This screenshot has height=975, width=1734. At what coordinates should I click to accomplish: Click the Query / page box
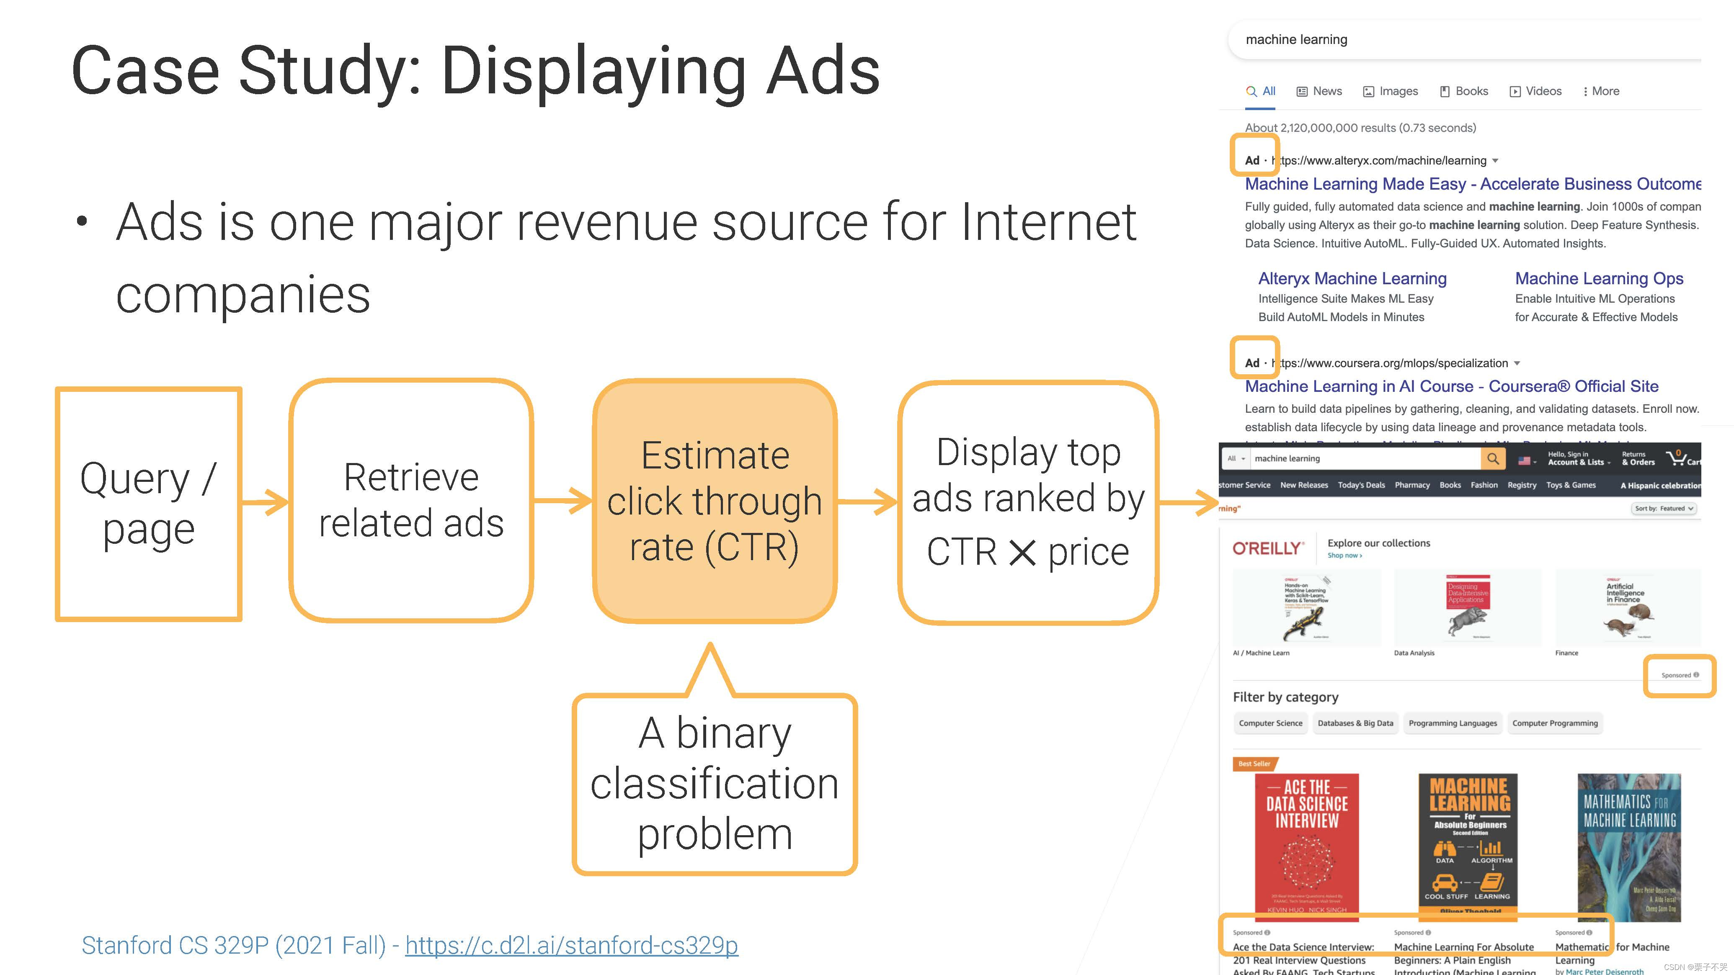(149, 503)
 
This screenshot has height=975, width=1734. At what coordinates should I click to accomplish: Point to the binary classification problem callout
(714, 784)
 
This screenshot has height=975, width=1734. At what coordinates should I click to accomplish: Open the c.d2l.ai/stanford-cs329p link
(571, 945)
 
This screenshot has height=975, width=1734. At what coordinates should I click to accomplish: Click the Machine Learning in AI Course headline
(1451, 386)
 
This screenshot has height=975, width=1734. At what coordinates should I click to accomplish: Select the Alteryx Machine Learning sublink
(1352, 278)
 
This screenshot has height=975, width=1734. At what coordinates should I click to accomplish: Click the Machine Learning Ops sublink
(1599, 278)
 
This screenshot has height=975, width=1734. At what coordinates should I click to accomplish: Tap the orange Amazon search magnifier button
(1492, 459)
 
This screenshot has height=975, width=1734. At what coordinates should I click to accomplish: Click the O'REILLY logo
(1267, 548)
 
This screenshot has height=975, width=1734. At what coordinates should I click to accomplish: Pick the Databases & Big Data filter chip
(1355, 723)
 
